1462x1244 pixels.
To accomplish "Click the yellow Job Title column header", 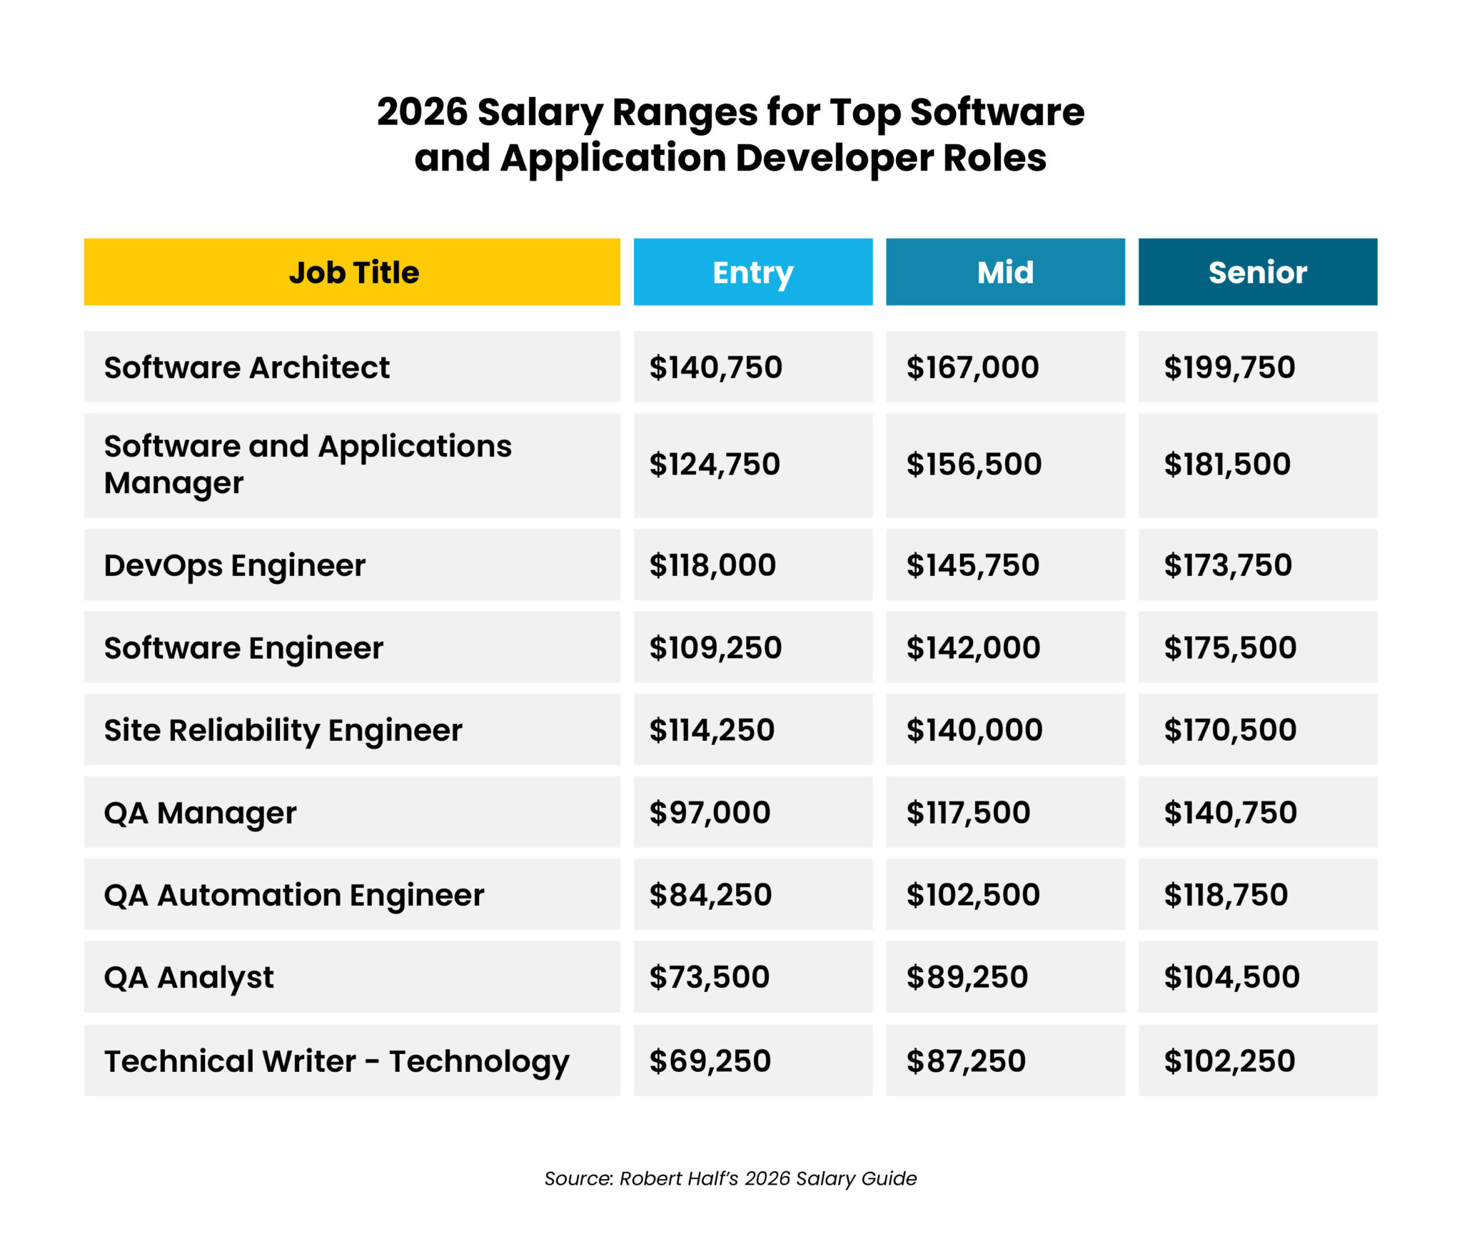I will click(353, 272).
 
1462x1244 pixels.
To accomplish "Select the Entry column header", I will click(752, 272).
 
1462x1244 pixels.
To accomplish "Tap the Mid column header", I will click(1004, 272).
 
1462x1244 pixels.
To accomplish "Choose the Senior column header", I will click(1257, 272).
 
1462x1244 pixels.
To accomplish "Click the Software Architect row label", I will click(246, 368).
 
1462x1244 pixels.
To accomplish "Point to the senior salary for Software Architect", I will click(1229, 368).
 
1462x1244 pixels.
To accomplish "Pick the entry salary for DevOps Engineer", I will click(712, 565).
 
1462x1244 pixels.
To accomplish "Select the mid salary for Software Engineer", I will click(973, 647).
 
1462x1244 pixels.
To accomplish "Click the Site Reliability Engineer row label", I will click(283, 730).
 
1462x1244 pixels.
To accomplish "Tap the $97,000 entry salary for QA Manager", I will click(710, 812).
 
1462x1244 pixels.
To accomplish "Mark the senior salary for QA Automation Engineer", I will click(1225, 894).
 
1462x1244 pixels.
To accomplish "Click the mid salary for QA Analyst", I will click(967, 977).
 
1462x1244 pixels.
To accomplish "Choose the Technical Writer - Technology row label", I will click(336, 1061).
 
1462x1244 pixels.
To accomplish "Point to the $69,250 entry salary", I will click(710, 1061).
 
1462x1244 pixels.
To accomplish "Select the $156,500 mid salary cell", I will click(974, 465).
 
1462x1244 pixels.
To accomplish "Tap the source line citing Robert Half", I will click(730, 1178).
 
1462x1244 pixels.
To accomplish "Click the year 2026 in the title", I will click(422, 113).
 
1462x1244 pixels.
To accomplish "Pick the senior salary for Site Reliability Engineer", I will click(1229, 730).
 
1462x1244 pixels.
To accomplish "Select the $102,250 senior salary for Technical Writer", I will click(1229, 1061).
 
